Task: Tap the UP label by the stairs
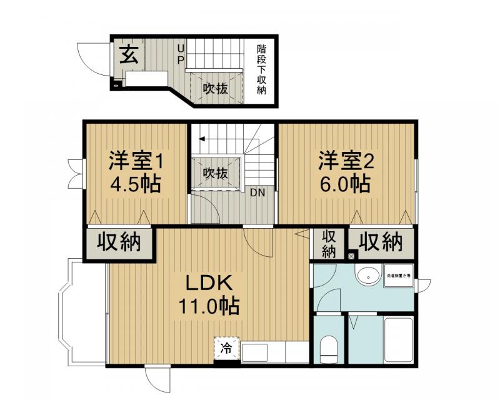(x=181, y=54)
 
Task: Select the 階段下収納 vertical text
(x=262, y=69)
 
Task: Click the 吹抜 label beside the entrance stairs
(x=215, y=88)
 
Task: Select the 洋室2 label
(x=346, y=161)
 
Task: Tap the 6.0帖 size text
(x=346, y=184)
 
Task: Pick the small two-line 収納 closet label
(x=329, y=244)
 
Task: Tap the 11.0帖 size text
(x=208, y=306)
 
